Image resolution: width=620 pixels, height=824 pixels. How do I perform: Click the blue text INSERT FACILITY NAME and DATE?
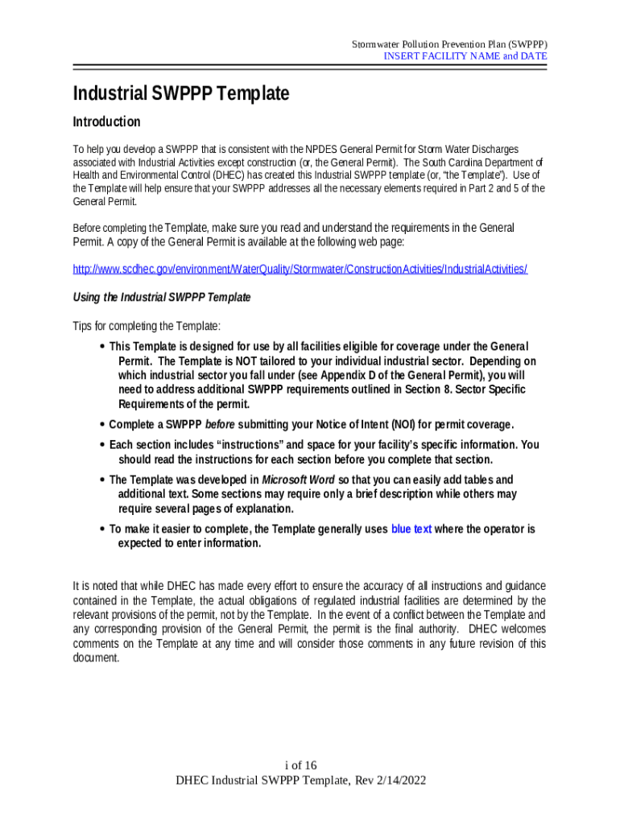click(x=465, y=56)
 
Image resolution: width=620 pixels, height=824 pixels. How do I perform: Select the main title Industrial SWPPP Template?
click(x=180, y=93)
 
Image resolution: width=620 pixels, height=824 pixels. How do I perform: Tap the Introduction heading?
click(x=106, y=122)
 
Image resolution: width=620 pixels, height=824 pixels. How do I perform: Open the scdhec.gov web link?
click(x=300, y=269)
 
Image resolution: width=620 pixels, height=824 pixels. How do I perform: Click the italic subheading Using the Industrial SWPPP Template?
click(x=162, y=297)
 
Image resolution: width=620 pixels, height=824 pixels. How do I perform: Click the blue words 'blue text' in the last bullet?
click(x=411, y=529)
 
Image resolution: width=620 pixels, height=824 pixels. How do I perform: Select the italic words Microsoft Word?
click(x=297, y=480)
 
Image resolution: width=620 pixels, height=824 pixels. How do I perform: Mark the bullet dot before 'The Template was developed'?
click(x=101, y=480)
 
